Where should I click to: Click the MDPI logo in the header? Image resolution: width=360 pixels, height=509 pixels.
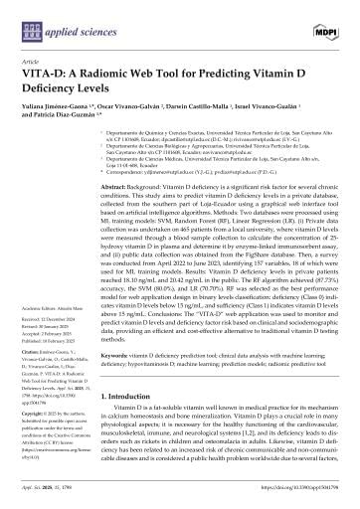click(x=324, y=21)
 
